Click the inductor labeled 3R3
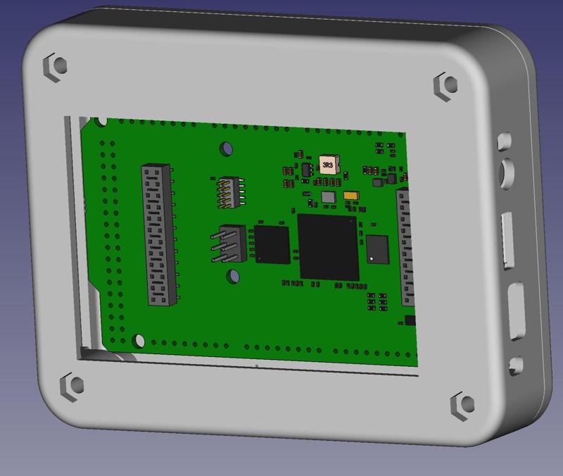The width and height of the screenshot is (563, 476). pyautogui.click(x=327, y=165)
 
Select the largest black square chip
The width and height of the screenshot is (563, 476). pyautogui.click(x=328, y=246)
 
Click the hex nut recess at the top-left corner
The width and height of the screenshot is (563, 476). pyautogui.click(x=56, y=65)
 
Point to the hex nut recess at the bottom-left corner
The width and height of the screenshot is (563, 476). pyautogui.click(x=72, y=385)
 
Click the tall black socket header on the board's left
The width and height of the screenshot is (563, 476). pyautogui.click(x=158, y=234)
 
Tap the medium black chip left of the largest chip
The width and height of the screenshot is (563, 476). pyautogui.click(x=272, y=244)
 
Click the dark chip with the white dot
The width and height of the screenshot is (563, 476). pyautogui.click(x=377, y=249)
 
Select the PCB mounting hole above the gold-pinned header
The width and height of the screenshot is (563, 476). pyautogui.click(x=227, y=149)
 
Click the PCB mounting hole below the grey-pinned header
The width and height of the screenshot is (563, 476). pyautogui.click(x=231, y=277)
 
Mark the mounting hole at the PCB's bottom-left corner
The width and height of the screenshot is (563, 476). pyautogui.click(x=139, y=341)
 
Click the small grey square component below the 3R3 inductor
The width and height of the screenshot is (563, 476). pyautogui.click(x=328, y=196)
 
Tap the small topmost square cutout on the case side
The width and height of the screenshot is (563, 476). pyautogui.click(x=504, y=140)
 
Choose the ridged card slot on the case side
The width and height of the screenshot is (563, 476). pyautogui.click(x=507, y=242)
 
